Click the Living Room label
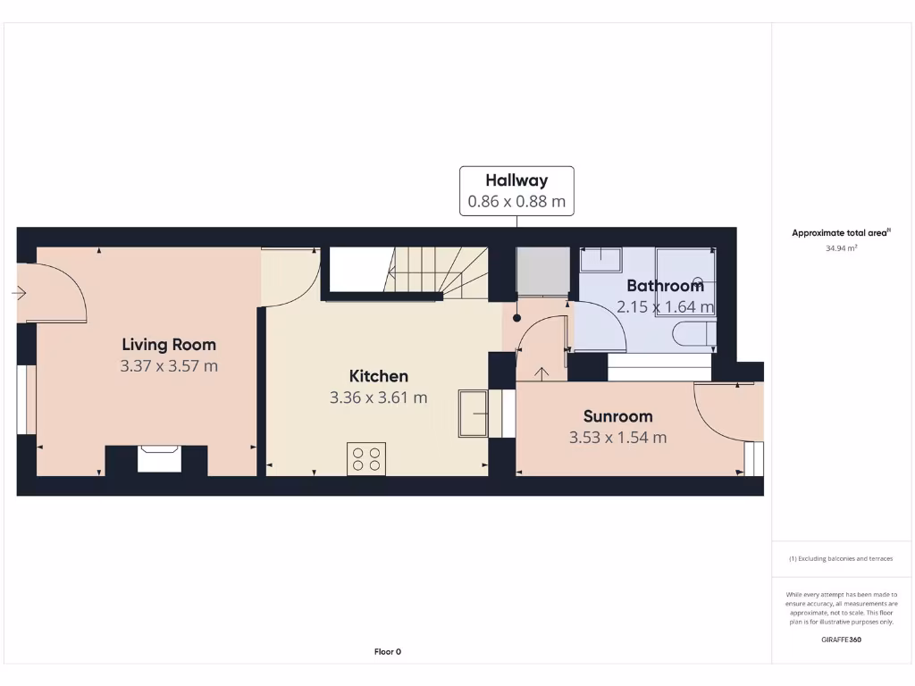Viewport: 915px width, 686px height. pyautogui.click(x=169, y=344)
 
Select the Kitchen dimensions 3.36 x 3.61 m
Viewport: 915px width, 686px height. pyautogui.click(x=379, y=397)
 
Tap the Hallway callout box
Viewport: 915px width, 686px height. pyautogui.click(x=516, y=190)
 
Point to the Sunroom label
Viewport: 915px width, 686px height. pyautogui.click(x=617, y=415)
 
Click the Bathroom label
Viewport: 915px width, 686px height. pyautogui.click(x=665, y=286)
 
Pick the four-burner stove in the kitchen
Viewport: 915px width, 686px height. pyautogui.click(x=366, y=458)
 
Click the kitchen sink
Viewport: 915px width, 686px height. pyautogui.click(x=474, y=414)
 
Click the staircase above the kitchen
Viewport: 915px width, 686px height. pyautogui.click(x=438, y=270)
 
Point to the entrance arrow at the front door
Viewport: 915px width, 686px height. pyautogui.click(x=20, y=292)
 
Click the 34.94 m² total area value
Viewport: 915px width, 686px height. pyautogui.click(x=841, y=249)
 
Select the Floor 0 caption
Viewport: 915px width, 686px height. pyautogui.click(x=388, y=651)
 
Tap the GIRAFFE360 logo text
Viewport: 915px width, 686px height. pyautogui.click(x=841, y=640)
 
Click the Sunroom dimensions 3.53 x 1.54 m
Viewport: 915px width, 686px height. pyautogui.click(x=617, y=438)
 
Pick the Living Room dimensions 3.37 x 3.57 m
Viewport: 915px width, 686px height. pyautogui.click(x=169, y=365)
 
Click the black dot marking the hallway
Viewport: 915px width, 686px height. pyautogui.click(x=516, y=317)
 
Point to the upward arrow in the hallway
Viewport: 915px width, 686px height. pyautogui.click(x=540, y=372)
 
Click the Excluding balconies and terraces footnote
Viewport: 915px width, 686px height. pyautogui.click(x=841, y=558)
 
